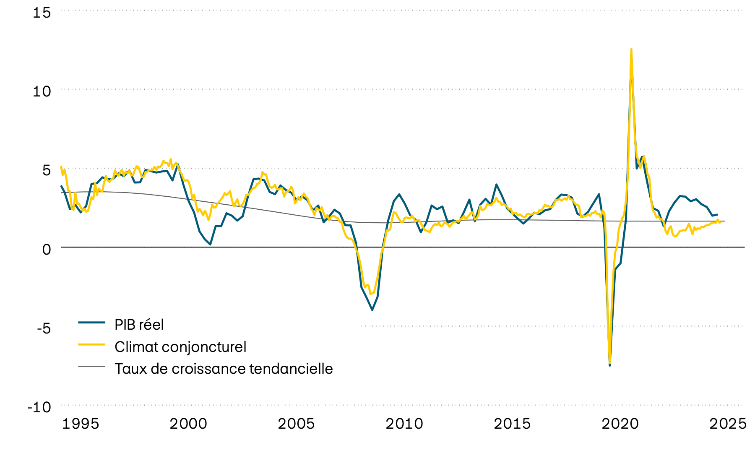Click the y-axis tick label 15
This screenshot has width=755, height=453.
42,13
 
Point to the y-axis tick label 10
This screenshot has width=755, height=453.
42,91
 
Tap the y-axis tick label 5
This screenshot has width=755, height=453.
46,170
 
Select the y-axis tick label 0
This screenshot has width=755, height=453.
46,249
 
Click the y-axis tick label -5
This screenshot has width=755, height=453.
44,328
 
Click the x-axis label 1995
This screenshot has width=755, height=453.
81,424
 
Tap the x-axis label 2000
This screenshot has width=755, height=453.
188,424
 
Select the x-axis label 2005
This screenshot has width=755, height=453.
296,424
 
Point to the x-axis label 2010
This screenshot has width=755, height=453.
404,424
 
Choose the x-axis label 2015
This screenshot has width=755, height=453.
512,424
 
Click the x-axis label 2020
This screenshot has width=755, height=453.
620,424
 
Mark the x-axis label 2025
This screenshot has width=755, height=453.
728,424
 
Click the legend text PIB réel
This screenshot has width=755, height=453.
139,325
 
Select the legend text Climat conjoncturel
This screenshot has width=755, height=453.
180,347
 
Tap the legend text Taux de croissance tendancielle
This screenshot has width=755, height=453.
224,369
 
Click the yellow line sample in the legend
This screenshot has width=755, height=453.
91,344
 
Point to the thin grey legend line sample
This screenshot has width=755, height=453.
91,367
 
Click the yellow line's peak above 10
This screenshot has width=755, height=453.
631,49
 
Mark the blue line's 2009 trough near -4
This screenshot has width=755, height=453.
372,310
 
